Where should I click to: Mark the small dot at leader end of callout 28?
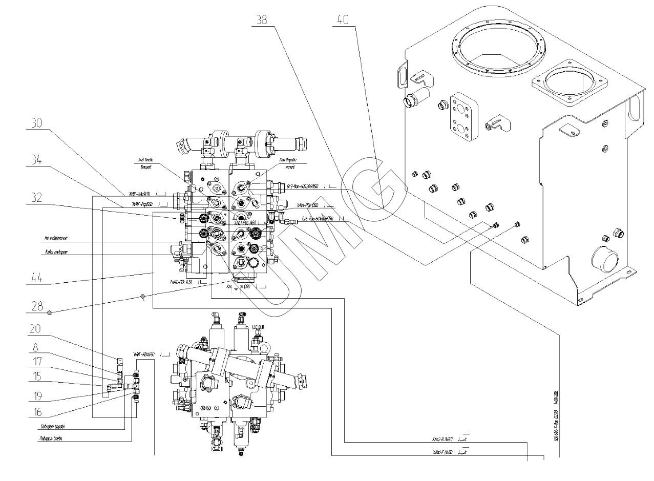(143, 296)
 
